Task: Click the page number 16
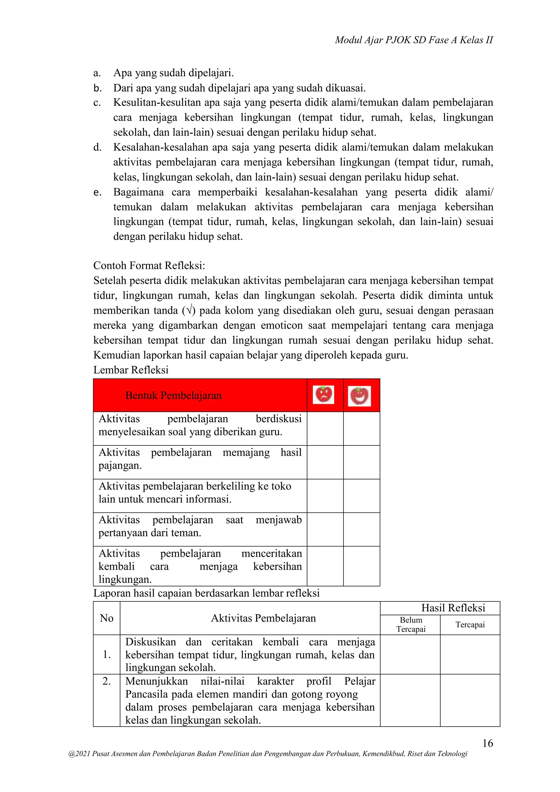point(487,743)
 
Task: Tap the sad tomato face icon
point(323,395)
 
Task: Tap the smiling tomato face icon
point(359,396)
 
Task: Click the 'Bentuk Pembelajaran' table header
point(173,395)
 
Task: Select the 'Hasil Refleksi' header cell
point(453,608)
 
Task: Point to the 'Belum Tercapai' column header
point(410,624)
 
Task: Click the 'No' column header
point(107,618)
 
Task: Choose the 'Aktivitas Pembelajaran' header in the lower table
point(263,618)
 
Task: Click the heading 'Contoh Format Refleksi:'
point(149,265)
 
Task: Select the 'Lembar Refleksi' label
point(131,370)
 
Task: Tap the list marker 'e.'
point(97,192)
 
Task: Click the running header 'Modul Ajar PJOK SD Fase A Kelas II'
point(414,40)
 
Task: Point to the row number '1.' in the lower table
point(107,654)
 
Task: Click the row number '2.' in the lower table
point(107,681)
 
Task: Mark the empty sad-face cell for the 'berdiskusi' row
point(325,429)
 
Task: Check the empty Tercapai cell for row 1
point(470,654)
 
